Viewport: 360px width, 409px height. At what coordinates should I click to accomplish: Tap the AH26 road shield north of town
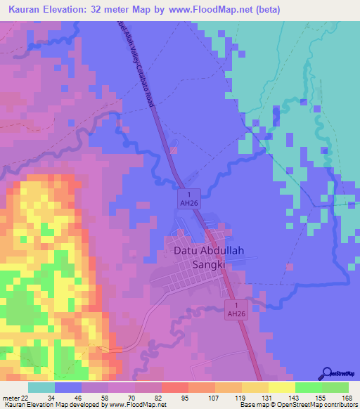[x=185, y=197]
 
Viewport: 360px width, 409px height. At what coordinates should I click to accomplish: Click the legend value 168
[x=345, y=398]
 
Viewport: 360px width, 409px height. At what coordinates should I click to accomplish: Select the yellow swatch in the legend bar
[x=281, y=387]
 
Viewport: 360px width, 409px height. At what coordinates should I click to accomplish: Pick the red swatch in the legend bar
[x=174, y=387]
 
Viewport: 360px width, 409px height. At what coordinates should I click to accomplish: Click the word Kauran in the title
[x=27, y=9]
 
